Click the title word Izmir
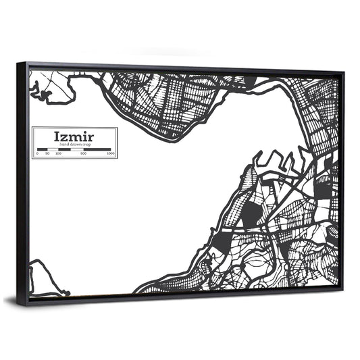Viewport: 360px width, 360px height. (x=74, y=136)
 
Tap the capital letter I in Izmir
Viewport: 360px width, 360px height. (x=57, y=136)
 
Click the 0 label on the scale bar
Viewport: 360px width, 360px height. (x=37, y=154)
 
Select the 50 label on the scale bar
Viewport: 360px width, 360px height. (x=47, y=154)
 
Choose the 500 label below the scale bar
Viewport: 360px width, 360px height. (x=83, y=154)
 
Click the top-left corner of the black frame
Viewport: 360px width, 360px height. (x=20, y=63)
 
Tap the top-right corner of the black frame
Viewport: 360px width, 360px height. (x=343, y=71)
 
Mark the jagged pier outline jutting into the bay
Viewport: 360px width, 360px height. (x=274, y=162)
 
